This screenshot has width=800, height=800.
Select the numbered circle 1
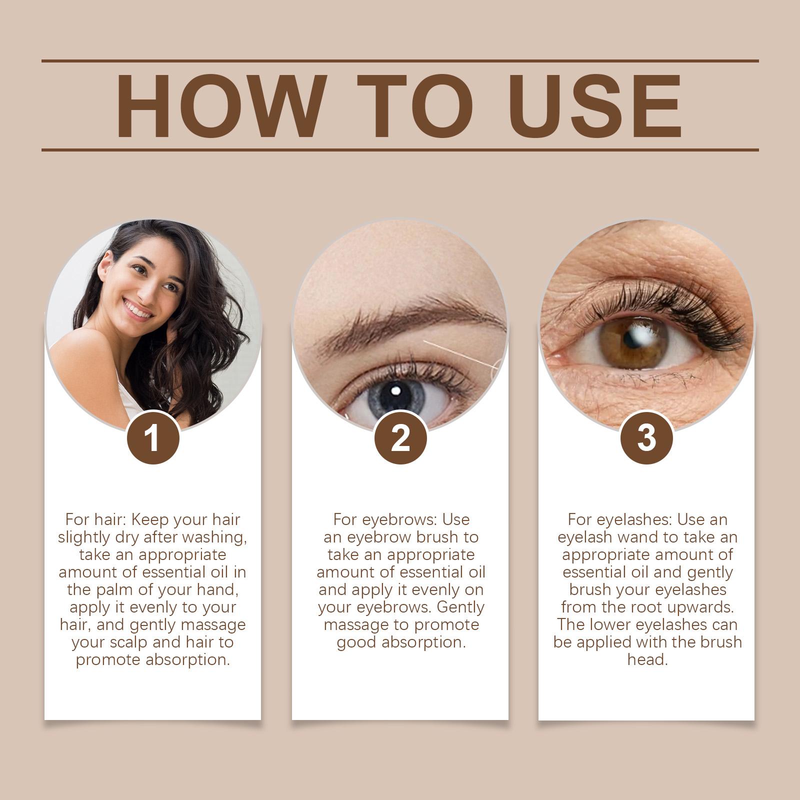tap(153, 438)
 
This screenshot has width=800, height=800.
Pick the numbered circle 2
tap(400, 438)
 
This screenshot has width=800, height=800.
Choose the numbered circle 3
tap(646, 438)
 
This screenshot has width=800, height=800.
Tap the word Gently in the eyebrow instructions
tap(460, 608)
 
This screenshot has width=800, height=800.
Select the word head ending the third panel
tap(647, 660)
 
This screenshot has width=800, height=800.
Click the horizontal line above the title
tap(400, 61)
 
